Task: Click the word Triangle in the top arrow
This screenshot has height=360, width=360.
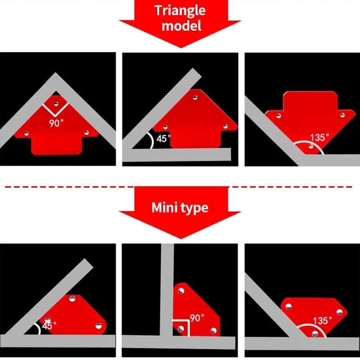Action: [x=180, y=10]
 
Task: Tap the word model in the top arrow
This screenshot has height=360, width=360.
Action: [x=181, y=25]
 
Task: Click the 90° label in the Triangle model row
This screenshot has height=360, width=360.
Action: [x=56, y=123]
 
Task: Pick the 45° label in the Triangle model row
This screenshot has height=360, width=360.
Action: [x=163, y=139]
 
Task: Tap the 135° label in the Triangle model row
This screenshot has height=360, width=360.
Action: [x=319, y=138]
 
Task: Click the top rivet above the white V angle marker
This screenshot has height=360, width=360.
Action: [x=56, y=104]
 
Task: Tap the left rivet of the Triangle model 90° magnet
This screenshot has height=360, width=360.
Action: [x=26, y=133]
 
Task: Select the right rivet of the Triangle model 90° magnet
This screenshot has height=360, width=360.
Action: [x=86, y=133]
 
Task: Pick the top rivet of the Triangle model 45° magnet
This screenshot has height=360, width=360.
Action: [x=195, y=97]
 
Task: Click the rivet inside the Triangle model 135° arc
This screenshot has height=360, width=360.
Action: [x=311, y=146]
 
